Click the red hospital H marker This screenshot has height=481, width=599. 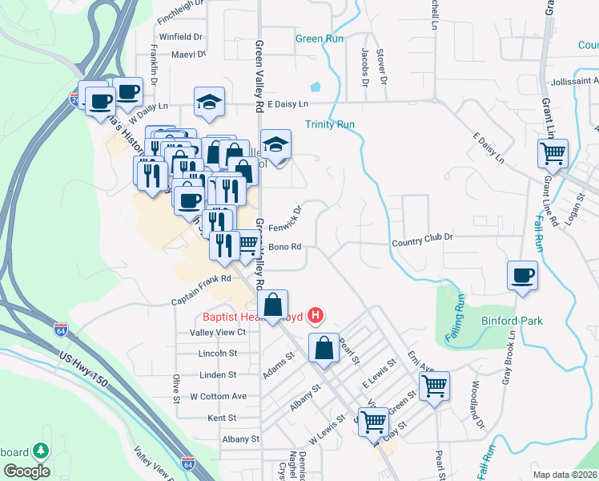[316, 315]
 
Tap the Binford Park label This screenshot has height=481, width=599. [513, 321]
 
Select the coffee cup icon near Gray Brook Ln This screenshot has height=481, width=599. [522, 276]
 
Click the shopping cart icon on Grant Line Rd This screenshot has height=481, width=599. [553, 152]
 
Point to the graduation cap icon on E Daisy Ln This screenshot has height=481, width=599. [209, 102]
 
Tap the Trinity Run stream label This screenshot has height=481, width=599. [329, 124]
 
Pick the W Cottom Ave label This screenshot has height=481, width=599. [218, 396]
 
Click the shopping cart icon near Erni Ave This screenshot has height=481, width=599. [434, 386]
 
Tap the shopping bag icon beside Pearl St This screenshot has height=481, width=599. [324, 349]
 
